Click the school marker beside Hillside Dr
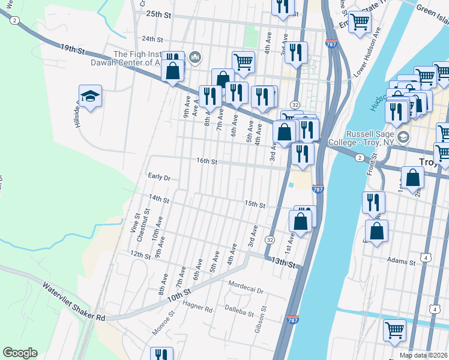[x=90, y=96]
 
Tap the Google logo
[x=20, y=353]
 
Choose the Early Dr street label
[x=159, y=178]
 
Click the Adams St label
[x=402, y=262]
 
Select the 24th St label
[x=152, y=39]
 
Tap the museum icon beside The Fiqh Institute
[x=195, y=58]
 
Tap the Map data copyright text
[x=423, y=355]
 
